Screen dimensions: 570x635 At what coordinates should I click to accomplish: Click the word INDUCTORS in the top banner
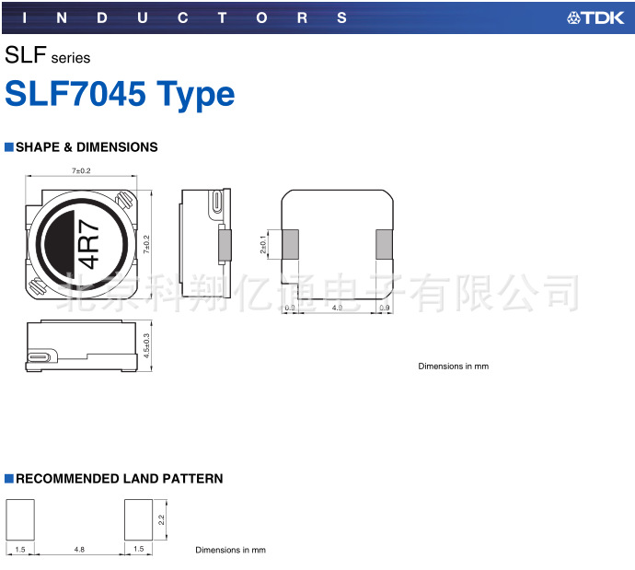pyautogui.click(x=182, y=17)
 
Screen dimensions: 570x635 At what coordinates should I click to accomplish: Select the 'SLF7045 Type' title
pyautogui.click(x=120, y=94)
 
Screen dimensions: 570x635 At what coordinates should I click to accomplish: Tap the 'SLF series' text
pyautogui.click(x=48, y=56)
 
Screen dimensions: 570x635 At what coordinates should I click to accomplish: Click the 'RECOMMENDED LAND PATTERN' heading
pyautogui.click(x=119, y=479)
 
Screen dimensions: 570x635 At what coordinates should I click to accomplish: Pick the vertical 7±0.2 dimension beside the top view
pyautogui.click(x=145, y=244)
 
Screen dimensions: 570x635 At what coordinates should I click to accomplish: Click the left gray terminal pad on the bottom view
pyautogui.click(x=290, y=244)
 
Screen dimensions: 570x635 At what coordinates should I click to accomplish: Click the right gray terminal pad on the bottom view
pyautogui.click(x=384, y=244)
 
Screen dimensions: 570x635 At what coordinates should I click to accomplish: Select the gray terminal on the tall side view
pyautogui.click(x=221, y=244)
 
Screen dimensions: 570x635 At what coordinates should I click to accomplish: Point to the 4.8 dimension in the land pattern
pyautogui.click(x=79, y=549)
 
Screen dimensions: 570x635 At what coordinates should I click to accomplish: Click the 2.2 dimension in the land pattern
pyautogui.click(x=162, y=520)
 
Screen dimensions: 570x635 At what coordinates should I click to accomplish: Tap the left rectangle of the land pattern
pyautogui.click(x=20, y=520)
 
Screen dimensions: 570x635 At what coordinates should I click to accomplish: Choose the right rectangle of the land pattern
pyautogui.click(x=139, y=520)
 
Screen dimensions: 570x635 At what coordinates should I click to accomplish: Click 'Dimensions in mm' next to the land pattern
pyautogui.click(x=230, y=550)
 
